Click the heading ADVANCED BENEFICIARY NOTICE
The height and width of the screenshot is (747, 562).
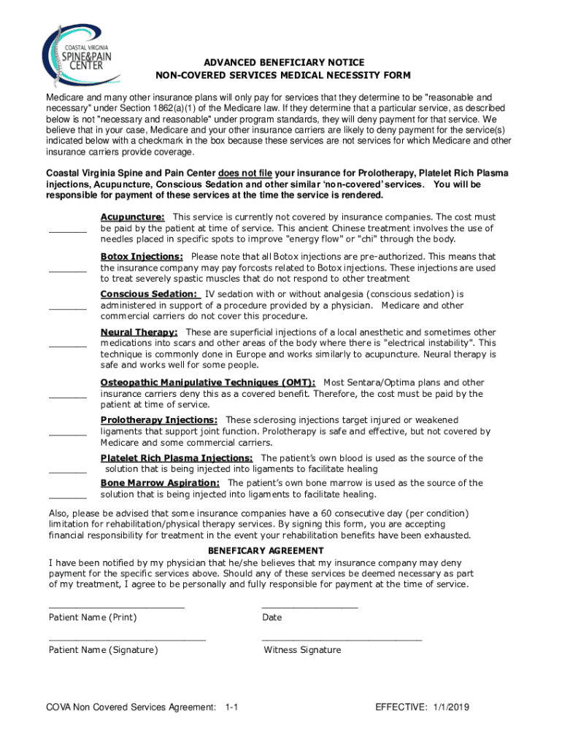pos(284,63)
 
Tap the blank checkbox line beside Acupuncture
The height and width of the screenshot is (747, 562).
pos(67,232)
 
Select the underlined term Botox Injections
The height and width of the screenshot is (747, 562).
pos(142,257)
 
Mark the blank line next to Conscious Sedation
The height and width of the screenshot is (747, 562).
pos(67,309)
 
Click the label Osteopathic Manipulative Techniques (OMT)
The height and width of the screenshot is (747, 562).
pos(208,382)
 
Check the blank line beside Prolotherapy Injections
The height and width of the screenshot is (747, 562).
pos(67,434)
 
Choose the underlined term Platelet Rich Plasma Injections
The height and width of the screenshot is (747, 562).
pos(177,458)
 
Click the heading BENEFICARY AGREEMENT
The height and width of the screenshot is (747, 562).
pos(266,551)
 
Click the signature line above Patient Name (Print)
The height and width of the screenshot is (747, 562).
pos(116,607)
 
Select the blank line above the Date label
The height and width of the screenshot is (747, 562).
pos(309,607)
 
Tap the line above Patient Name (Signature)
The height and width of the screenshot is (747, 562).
pos(127,640)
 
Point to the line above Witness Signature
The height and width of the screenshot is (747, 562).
pos(342,640)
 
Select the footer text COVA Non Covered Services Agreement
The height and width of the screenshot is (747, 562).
pos(131,708)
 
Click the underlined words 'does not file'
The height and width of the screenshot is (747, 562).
pos(245,174)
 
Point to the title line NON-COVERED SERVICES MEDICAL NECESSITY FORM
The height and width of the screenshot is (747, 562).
pos(284,76)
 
